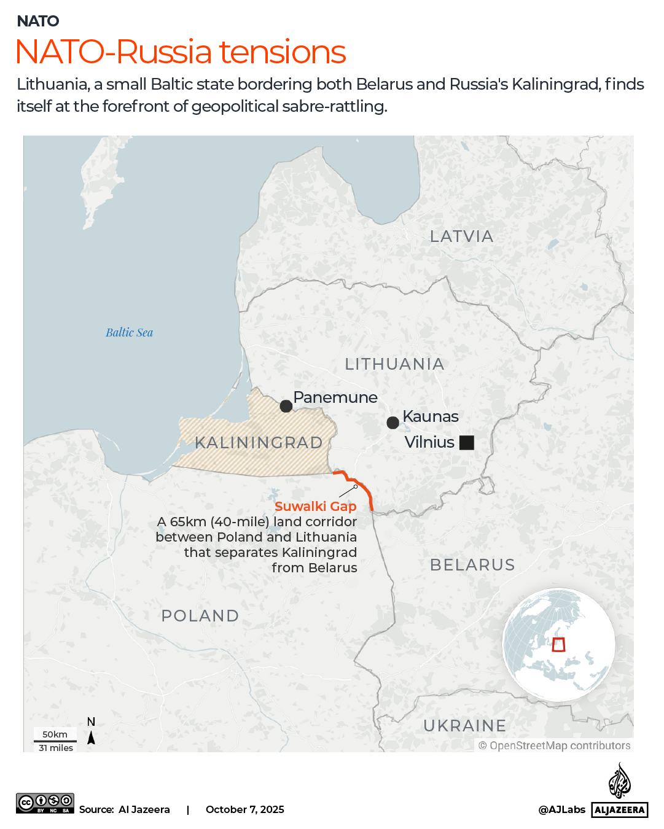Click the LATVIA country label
tap(461, 236)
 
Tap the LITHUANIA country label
tap(394, 364)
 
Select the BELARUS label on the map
tap(472, 565)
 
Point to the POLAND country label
tap(200, 616)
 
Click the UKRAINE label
tap(464, 726)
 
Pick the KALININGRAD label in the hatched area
tap(259, 443)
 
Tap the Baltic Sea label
tap(129, 333)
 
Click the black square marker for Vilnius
tap(467, 442)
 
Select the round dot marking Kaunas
tap(393, 422)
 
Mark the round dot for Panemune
tap(286, 406)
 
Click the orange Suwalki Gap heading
tap(315, 507)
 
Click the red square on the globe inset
tap(558, 645)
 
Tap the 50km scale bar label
tap(55, 734)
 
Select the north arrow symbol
tap(91, 738)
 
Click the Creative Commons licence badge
tap(45, 803)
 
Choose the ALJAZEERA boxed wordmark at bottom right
tap(620, 810)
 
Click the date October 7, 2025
tap(244, 809)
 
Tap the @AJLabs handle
tap(561, 809)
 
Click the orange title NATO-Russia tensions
tap(181, 52)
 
